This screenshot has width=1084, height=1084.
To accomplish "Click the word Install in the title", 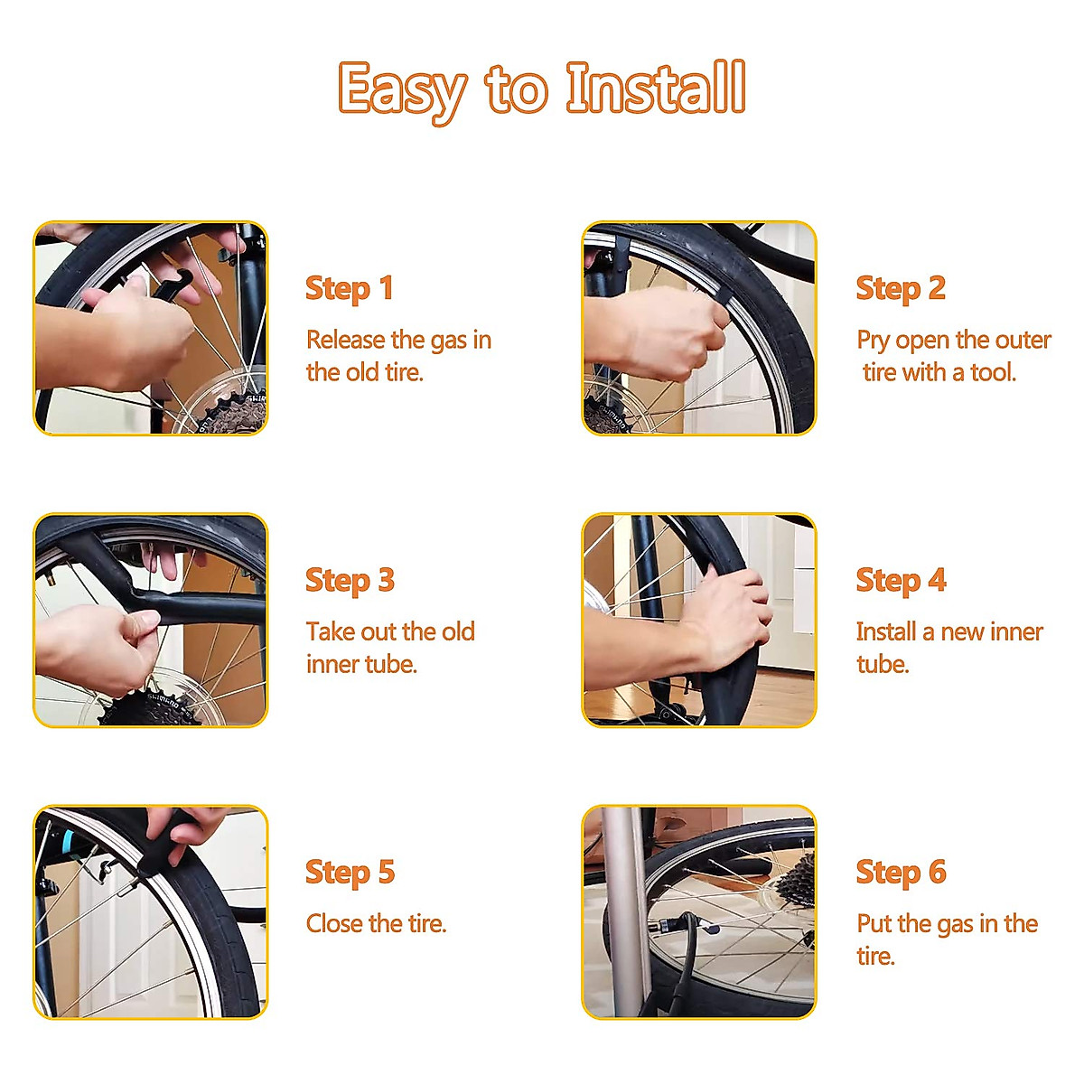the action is click(655, 88).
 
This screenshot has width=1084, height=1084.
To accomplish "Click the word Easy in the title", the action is click(403, 92).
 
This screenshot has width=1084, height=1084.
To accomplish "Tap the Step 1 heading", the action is click(349, 289).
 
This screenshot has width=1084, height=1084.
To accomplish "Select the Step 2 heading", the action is click(901, 289).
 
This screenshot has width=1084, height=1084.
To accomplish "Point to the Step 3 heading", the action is click(350, 581).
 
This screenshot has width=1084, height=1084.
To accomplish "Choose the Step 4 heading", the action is click(902, 581).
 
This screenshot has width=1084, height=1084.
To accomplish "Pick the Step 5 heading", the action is click(350, 873).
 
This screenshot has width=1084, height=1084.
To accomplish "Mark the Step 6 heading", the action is click(902, 873).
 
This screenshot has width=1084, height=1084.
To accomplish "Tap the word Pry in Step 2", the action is click(873, 341).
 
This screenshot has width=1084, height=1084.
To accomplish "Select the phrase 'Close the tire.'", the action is click(376, 923).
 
